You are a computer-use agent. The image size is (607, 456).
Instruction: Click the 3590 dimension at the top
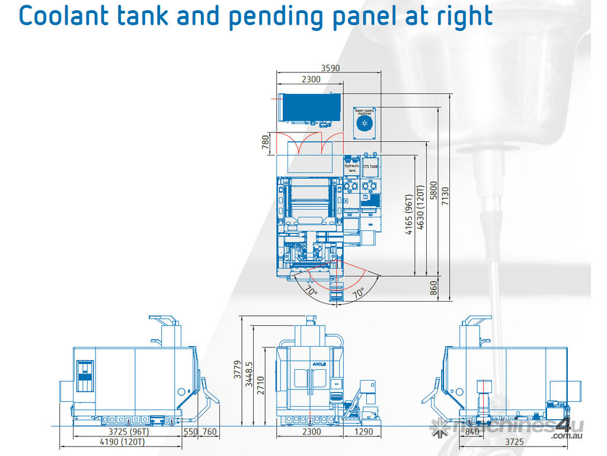(330, 68)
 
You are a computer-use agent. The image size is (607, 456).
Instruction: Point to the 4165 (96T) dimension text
(409, 214)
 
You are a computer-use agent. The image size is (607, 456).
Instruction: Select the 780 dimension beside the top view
(266, 142)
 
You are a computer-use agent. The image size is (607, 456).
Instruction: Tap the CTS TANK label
(370, 167)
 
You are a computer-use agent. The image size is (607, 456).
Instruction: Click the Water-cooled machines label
(363, 112)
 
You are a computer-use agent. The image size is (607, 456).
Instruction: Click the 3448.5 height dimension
(249, 373)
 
